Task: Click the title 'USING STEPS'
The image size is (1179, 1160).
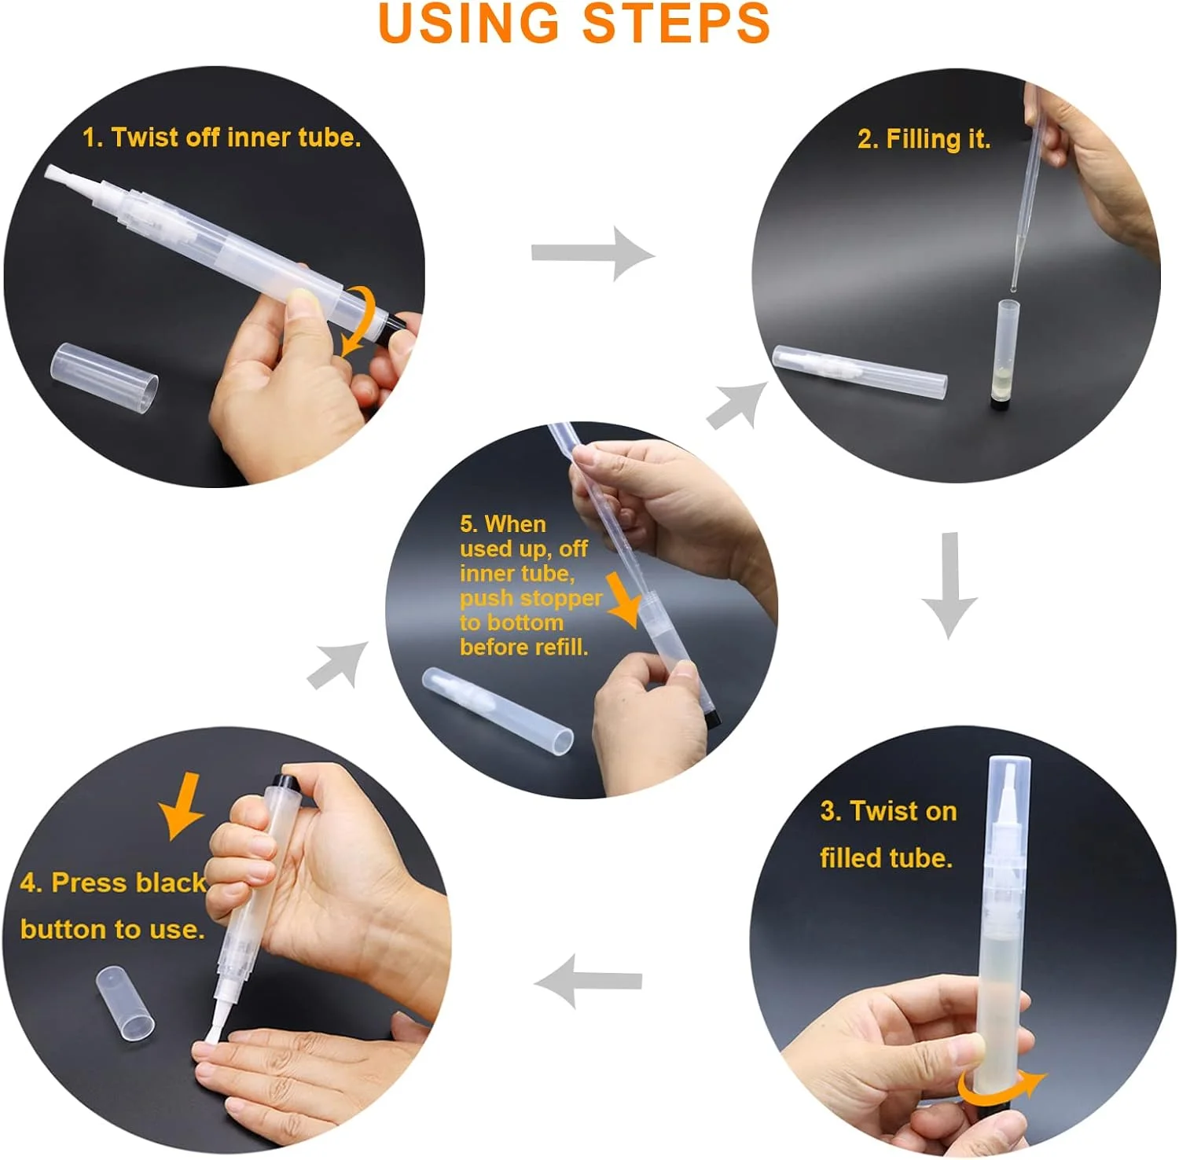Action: point(574,23)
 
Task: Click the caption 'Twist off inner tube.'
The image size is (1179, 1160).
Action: point(222,138)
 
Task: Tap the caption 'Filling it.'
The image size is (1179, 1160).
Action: point(924,139)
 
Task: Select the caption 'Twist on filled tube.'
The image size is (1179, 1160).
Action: point(888,834)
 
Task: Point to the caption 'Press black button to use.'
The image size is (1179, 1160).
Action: point(114,905)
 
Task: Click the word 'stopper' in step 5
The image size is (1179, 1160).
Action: point(560,598)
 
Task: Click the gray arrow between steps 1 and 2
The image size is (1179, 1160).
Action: point(593,253)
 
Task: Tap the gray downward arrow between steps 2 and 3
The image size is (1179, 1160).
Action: point(949,586)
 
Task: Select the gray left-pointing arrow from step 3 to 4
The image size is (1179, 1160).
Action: point(588,981)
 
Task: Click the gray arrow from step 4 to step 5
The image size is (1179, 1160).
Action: point(337,666)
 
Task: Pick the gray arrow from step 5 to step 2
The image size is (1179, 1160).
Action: point(737,406)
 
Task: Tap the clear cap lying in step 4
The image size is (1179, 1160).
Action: point(125,1004)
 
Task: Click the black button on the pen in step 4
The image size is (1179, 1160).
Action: point(284,783)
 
